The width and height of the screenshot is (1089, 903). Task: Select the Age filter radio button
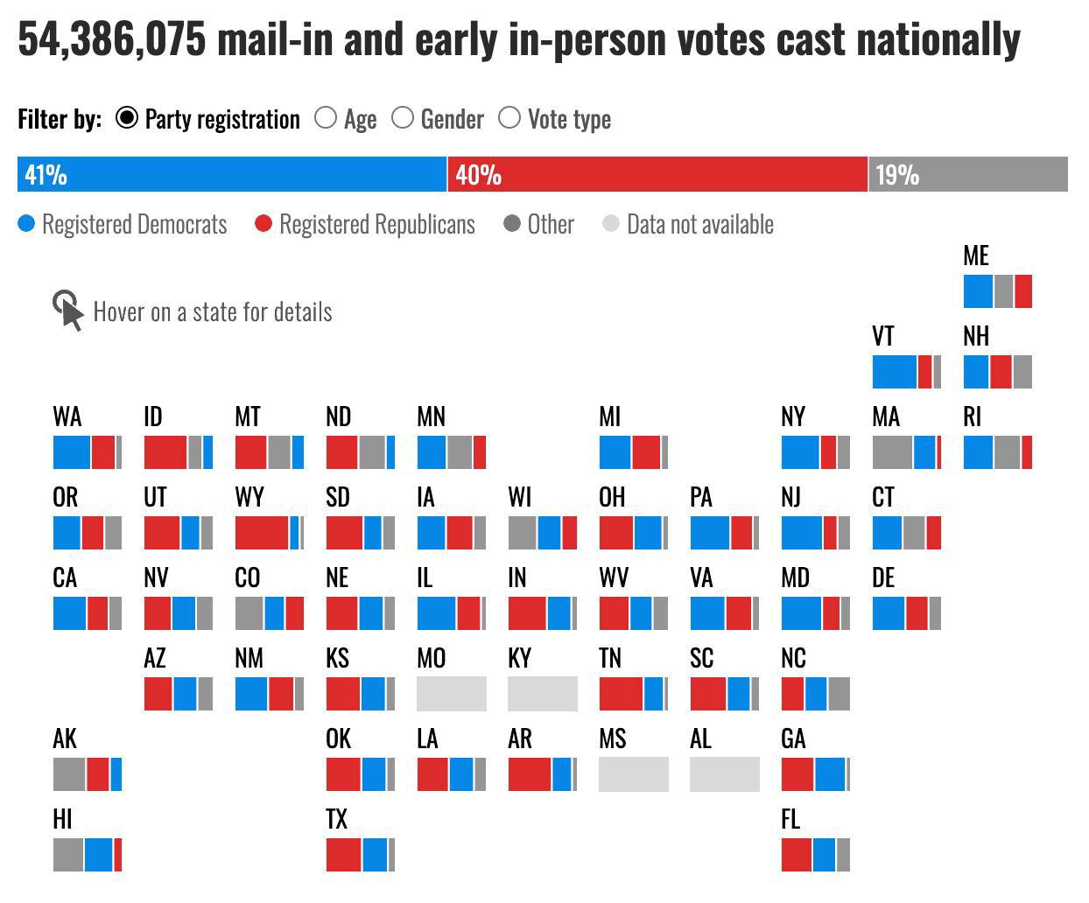click(x=326, y=118)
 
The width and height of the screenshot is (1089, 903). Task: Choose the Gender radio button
click(x=403, y=118)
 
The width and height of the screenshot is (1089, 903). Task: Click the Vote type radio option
click(x=509, y=118)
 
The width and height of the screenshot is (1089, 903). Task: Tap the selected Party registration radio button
click(x=127, y=118)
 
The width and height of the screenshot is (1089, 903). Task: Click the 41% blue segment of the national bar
click(x=231, y=174)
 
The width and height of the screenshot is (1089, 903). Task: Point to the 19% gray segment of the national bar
click(x=967, y=174)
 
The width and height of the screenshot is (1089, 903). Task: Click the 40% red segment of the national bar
click(x=657, y=174)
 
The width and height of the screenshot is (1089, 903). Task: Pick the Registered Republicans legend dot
click(x=263, y=224)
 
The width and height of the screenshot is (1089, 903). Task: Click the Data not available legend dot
click(x=611, y=224)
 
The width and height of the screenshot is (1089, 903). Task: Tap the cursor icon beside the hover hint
click(x=68, y=311)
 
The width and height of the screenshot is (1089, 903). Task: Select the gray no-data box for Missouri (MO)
click(x=452, y=693)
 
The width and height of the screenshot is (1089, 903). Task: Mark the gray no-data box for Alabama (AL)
click(x=725, y=773)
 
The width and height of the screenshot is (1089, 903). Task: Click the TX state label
click(x=337, y=819)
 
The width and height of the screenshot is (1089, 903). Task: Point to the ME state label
click(x=976, y=255)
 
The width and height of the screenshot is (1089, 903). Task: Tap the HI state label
click(x=62, y=819)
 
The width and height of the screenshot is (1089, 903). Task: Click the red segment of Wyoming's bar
click(x=262, y=532)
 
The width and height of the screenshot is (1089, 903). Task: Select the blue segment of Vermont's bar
click(x=895, y=371)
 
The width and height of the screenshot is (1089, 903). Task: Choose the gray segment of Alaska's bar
click(x=69, y=773)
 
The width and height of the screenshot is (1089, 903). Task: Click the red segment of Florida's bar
click(x=797, y=854)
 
